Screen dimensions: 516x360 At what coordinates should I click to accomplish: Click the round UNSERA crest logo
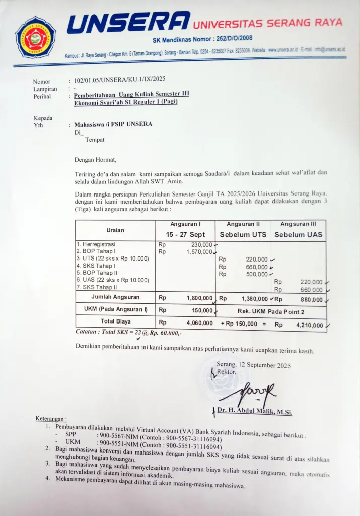(35, 37)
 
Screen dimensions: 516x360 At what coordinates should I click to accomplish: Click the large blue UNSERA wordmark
(129, 24)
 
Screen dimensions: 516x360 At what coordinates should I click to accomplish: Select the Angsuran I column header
(185, 224)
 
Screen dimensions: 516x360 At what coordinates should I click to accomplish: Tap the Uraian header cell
(115, 230)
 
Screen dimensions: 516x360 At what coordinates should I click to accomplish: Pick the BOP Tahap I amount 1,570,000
(200, 252)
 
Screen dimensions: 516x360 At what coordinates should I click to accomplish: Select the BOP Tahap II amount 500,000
(256, 274)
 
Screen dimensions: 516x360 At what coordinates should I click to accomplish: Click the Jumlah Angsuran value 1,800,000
(200, 298)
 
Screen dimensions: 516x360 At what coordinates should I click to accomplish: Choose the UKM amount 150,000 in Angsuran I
(202, 311)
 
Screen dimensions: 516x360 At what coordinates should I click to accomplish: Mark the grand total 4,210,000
(309, 325)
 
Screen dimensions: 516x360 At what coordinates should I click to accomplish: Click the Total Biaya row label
(115, 321)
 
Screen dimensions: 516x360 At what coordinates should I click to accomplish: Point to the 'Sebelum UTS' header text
(243, 235)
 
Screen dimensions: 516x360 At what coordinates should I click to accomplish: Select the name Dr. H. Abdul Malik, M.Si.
(254, 412)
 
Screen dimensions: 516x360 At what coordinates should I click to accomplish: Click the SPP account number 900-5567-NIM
(119, 434)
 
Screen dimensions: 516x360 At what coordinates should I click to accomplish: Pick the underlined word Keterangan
(51, 419)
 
